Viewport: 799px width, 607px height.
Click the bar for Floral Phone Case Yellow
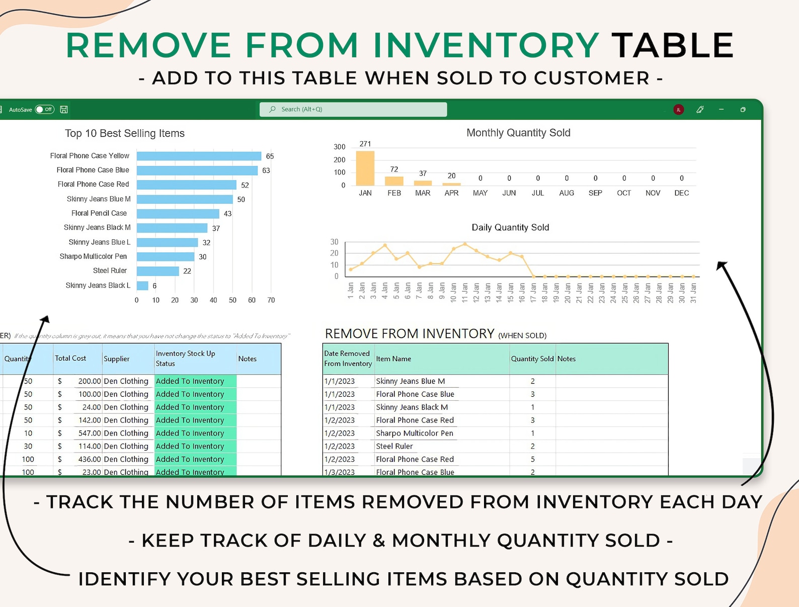pyautogui.click(x=199, y=156)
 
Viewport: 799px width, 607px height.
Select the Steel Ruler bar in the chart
pyautogui.click(x=157, y=271)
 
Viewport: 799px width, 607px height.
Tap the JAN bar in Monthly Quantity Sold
pyautogui.click(x=365, y=168)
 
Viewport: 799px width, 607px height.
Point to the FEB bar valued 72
pyautogui.click(x=394, y=181)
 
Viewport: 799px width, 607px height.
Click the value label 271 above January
pyautogui.click(x=365, y=144)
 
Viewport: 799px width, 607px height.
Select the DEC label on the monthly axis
pyautogui.click(x=681, y=193)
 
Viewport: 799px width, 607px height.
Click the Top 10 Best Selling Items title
pyautogui.click(x=125, y=133)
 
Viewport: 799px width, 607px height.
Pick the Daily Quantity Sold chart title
pyautogui.click(x=510, y=227)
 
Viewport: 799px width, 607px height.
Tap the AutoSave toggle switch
pyautogui.click(x=45, y=109)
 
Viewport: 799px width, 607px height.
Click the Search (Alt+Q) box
pyautogui.click(x=353, y=109)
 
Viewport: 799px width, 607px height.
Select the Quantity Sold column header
pyautogui.click(x=532, y=359)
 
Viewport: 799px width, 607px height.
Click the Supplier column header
pyautogui.click(x=117, y=359)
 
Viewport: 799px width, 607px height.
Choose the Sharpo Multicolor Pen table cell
pyautogui.click(x=415, y=433)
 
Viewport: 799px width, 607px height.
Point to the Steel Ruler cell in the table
pyautogui.click(x=394, y=446)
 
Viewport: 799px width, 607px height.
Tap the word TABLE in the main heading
pyautogui.click(x=672, y=45)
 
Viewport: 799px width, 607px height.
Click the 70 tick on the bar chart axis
pyautogui.click(x=271, y=300)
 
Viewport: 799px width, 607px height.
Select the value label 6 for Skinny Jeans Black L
pyautogui.click(x=154, y=286)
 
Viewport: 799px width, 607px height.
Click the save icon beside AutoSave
pyautogui.click(x=64, y=109)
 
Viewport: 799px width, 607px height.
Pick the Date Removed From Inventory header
pyautogui.click(x=348, y=359)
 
